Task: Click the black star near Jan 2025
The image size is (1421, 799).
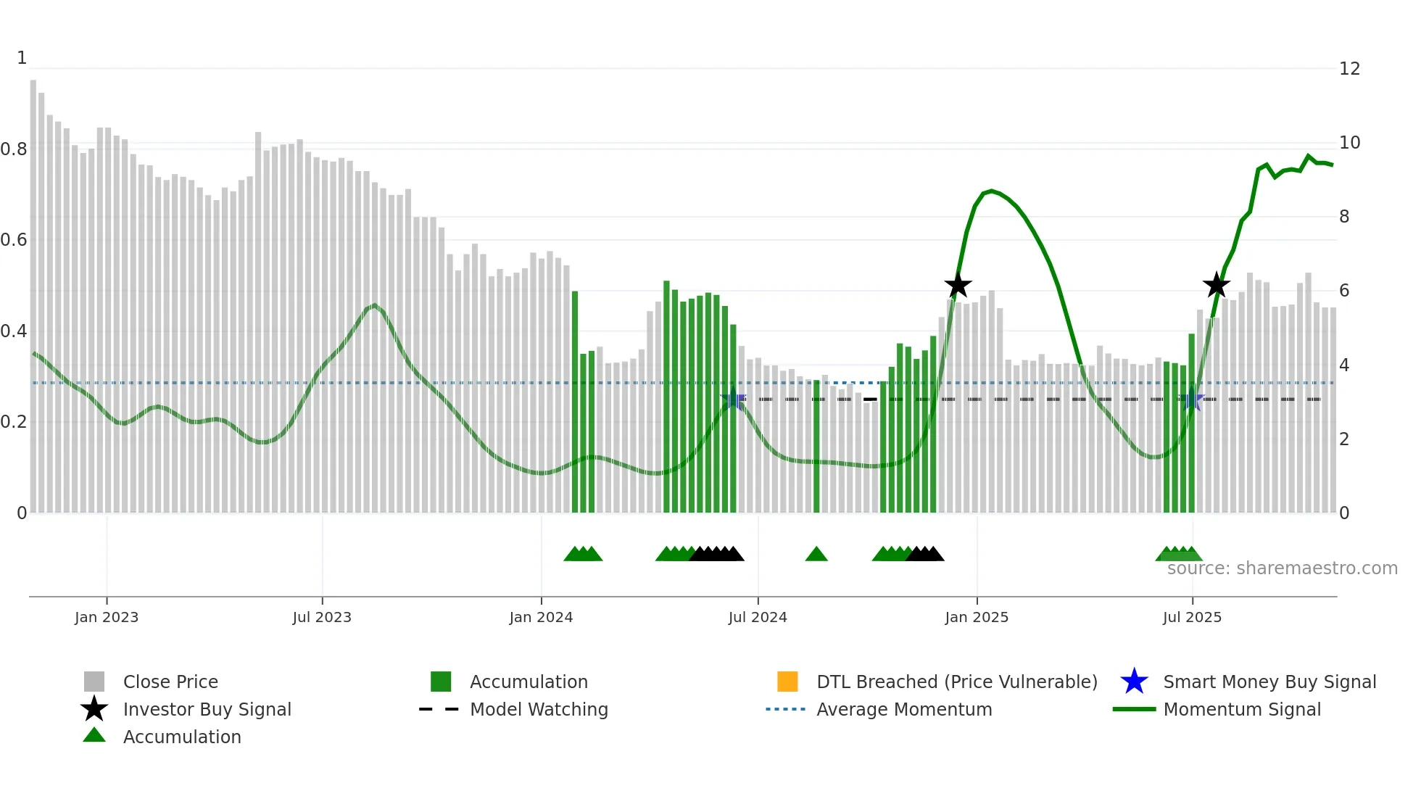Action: tap(958, 286)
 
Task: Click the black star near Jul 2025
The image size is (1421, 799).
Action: tap(1216, 285)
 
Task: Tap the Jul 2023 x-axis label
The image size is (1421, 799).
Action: tap(322, 617)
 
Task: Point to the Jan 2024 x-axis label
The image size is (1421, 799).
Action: tap(541, 617)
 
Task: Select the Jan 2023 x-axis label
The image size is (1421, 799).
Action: tap(107, 617)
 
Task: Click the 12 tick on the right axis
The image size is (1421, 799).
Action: tap(1349, 69)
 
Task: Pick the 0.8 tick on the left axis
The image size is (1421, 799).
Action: tap(14, 149)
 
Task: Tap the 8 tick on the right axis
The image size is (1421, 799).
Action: tap(1344, 217)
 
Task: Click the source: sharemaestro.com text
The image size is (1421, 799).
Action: tap(1282, 568)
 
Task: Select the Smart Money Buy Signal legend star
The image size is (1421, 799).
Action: tap(1134, 682)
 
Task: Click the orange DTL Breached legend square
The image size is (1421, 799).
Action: tap(787, 682)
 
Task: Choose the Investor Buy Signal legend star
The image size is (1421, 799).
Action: tap(94, 709)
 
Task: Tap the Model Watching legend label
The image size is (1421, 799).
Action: tap(539, 709)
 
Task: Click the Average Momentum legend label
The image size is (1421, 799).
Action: tap(904, 709)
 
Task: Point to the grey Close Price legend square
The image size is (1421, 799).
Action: tap(94, 682)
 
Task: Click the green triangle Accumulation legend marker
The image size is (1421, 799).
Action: tap(94, 735)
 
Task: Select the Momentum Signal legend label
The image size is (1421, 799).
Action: tap(1242, 709)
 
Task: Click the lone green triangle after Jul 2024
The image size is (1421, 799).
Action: tap(816, 555)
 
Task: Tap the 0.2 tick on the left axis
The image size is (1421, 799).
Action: tap(14, 422)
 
